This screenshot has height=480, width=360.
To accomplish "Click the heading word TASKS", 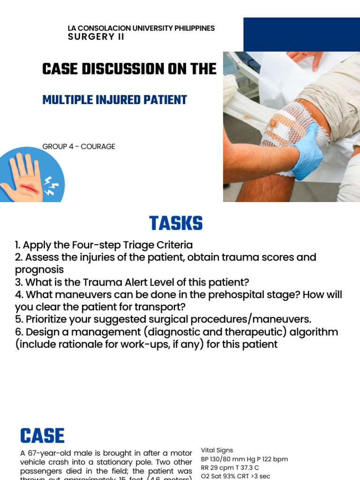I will [176, 224].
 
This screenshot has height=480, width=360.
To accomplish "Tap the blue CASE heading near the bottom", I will [42, 436].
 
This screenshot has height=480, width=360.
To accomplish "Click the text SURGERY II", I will [96, 37].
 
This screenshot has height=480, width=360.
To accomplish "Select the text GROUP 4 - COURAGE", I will [79, 147].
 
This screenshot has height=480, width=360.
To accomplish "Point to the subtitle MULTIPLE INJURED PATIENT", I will [114, 100].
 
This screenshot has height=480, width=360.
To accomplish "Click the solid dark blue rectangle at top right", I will [301, 34].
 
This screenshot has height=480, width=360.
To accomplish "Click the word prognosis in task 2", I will [39, 270].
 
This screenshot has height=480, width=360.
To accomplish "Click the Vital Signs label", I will [217, 450].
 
